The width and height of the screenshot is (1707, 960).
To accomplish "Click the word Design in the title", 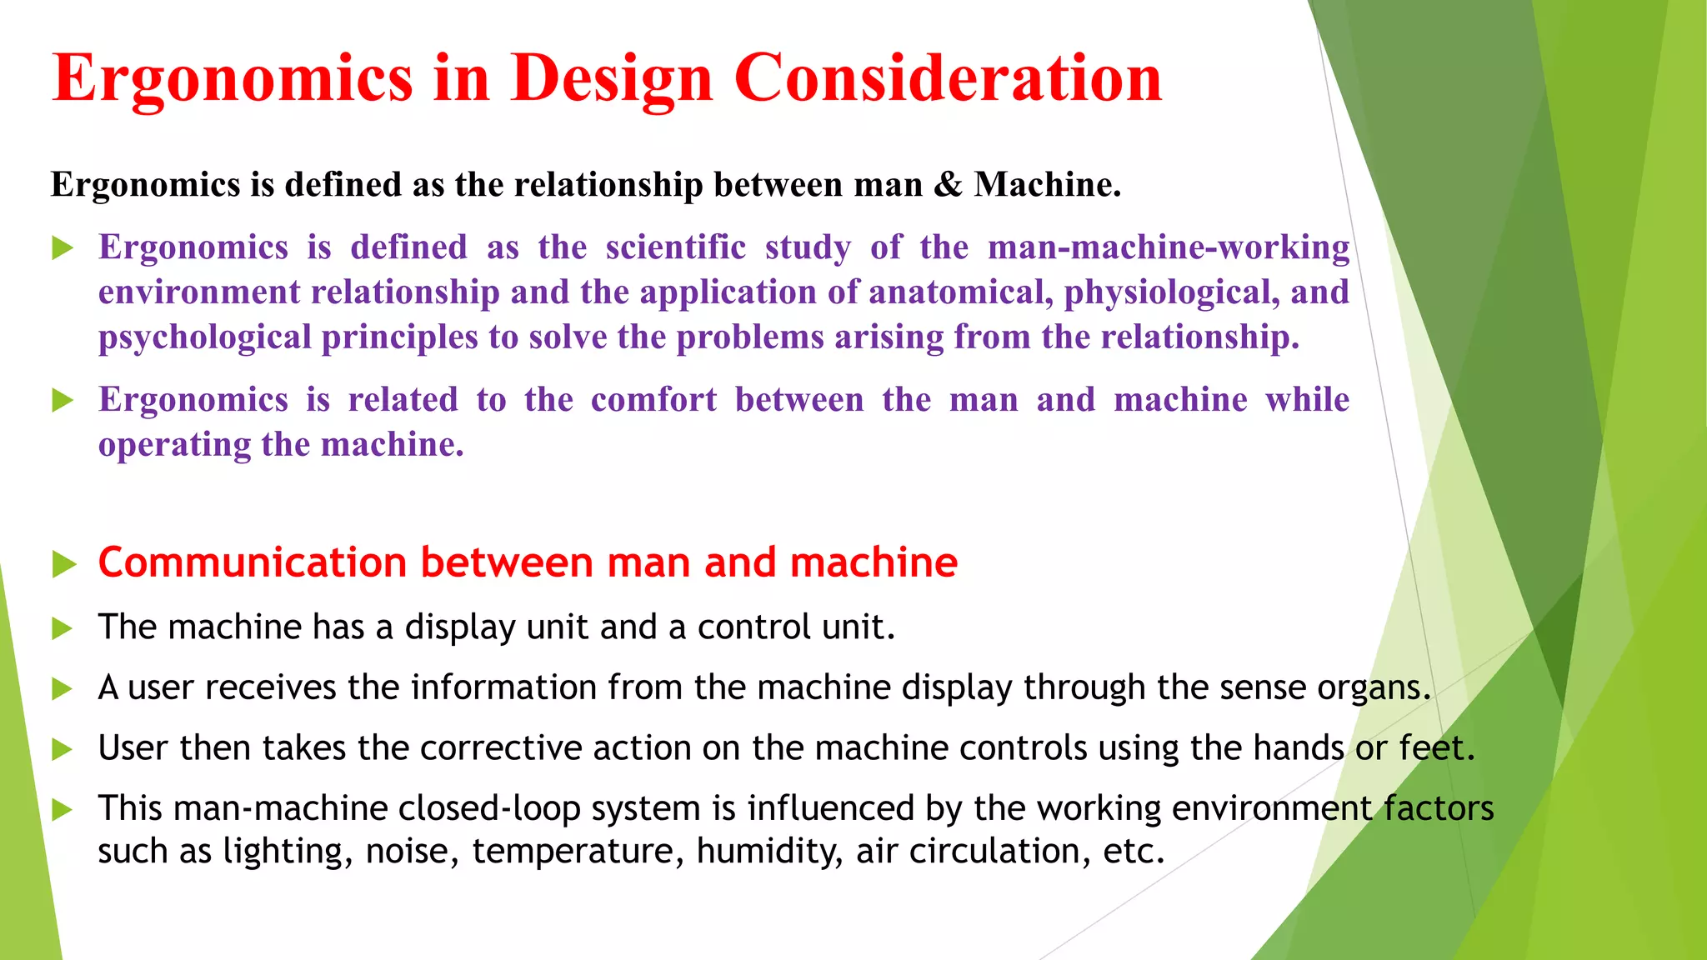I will tap(611, 78).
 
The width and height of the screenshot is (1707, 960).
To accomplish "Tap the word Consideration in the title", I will tap(948, 78).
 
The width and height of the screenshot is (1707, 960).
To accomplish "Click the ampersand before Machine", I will tap(948, 184).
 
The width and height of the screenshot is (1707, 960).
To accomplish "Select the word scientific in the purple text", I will tap(675, 247).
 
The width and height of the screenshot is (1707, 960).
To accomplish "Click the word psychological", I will tap(205, 337).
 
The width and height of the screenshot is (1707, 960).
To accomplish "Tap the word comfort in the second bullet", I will tap(653, 400).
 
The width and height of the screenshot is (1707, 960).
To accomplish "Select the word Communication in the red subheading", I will tap(253, 562).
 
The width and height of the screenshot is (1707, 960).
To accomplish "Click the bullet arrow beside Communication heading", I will tap(63, 564).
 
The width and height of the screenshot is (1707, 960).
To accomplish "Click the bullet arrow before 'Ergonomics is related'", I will tap(63, 401).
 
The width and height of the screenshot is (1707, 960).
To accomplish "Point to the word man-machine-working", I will tap(1169, 247).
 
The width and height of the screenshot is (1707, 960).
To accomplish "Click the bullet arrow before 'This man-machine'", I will tap(63, 809).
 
